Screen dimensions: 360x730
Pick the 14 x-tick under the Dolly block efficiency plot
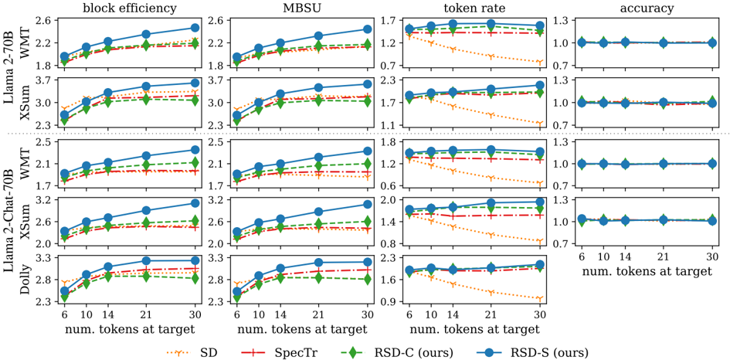[x=108, y=314]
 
